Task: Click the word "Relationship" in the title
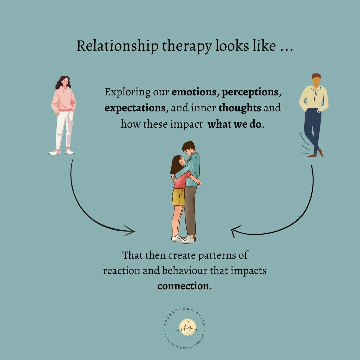(117, 46)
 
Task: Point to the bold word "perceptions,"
(252, 92)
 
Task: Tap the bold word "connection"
(183, 286)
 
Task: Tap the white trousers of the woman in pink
(64, 130)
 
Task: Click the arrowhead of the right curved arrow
(235, 231)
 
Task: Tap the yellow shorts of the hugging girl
(178, 197)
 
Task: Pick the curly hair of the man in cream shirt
(316, 76)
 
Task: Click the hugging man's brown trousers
(190, 210)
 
